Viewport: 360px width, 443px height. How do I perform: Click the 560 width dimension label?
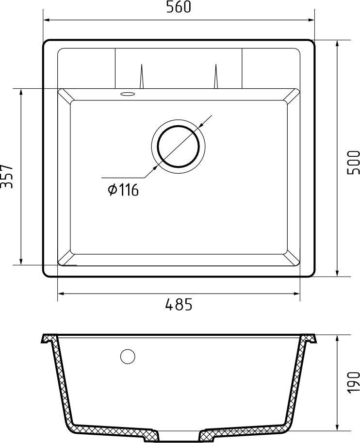[179, 7]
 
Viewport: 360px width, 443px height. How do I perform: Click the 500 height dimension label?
[353, 162]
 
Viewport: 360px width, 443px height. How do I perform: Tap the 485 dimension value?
[179, 305]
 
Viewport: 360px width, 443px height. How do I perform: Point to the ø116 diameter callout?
[123, 190]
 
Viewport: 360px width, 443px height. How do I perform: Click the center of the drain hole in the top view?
[178, 146]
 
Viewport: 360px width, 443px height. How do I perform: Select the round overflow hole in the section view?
[128, 357]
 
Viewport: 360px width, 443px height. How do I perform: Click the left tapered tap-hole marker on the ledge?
[141, 78]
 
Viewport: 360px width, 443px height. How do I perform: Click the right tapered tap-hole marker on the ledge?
[216, 78]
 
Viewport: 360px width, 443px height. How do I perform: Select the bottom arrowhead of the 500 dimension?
[337, 273]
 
